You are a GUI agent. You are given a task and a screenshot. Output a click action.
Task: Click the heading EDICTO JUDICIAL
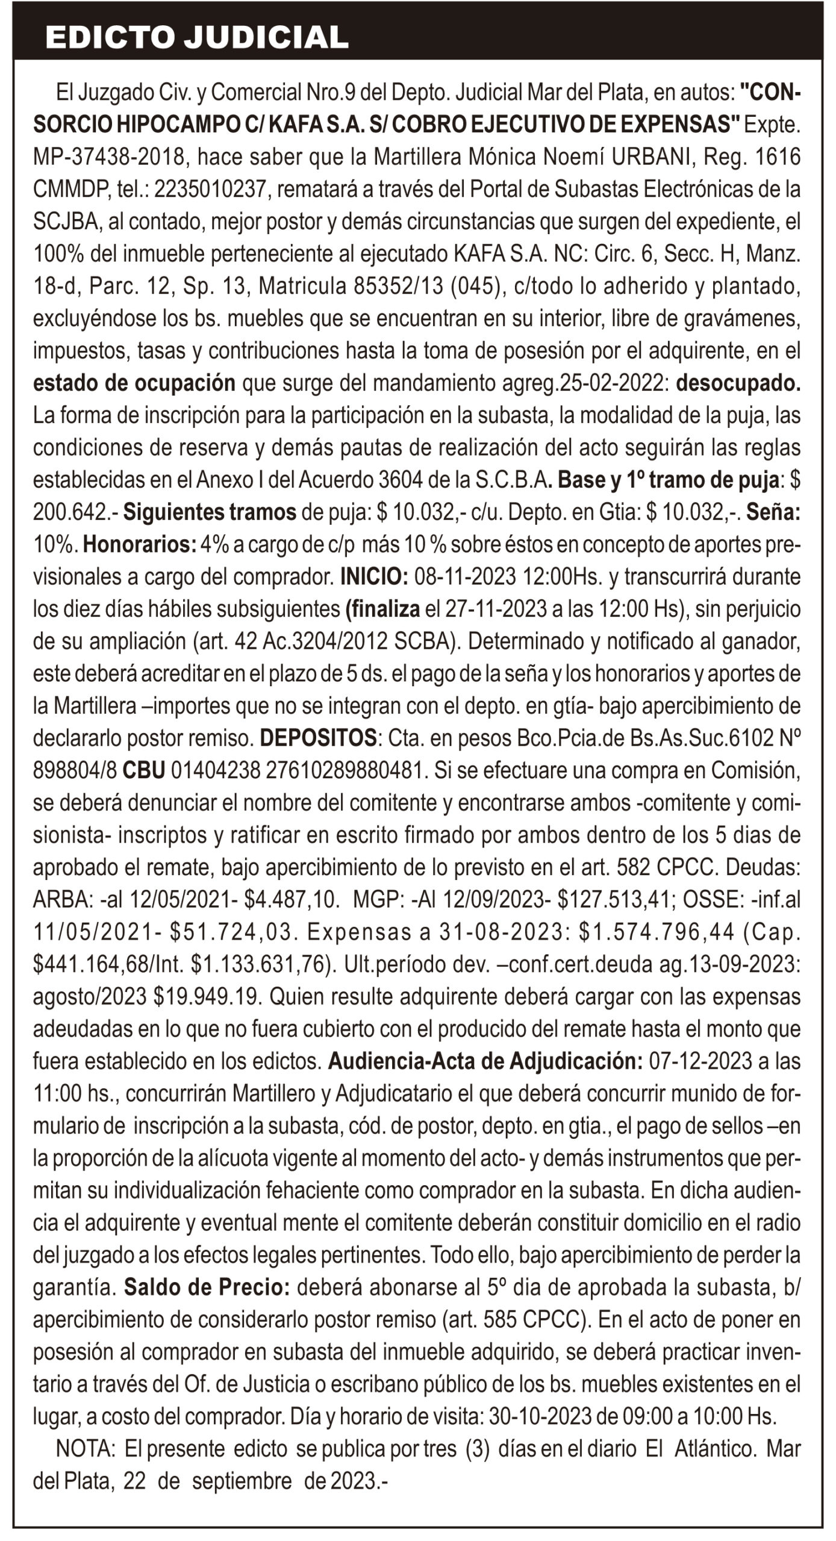(197, 37)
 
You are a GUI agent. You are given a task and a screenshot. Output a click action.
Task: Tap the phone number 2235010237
(210, 190)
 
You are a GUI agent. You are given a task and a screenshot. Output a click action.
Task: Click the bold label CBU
(144, 770)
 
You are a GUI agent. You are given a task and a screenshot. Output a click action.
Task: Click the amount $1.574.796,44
(657, 932)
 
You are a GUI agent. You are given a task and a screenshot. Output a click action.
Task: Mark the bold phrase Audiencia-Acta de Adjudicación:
(485, 1061)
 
